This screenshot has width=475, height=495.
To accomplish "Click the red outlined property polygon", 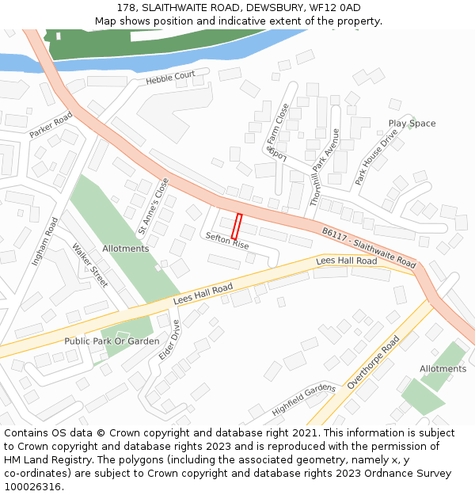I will click(236, 226).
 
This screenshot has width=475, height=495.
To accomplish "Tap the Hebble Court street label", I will click(170, 78).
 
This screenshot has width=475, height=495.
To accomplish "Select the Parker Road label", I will click(51, 125).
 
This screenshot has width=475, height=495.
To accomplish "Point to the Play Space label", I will click(412, 124).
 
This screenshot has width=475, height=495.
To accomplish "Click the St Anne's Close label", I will click(154, 206).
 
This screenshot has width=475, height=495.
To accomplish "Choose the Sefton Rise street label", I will click(227, 241).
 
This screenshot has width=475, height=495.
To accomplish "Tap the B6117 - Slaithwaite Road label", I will click(368, 247).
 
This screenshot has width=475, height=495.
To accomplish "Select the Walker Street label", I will click(89, 265).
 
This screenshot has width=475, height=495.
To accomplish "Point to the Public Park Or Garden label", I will click(112, 341).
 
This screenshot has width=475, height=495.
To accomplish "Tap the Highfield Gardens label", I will click(304, 400).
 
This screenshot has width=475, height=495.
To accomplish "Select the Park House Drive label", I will click(376, 157).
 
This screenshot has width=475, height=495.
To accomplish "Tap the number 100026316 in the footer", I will click(33, 486).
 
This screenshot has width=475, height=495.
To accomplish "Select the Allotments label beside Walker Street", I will click(125, 249).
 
